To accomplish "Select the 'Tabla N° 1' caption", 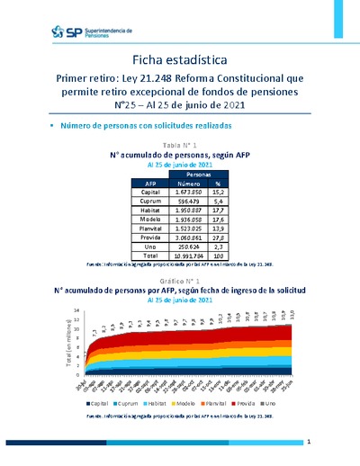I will (x=179, y=145).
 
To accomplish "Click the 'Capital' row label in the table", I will (x=151, y=192).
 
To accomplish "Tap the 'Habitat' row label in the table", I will (x=151, y=210).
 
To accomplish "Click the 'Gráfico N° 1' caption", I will (x=179, y=282).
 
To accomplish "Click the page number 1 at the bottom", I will (x=309, y=442).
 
